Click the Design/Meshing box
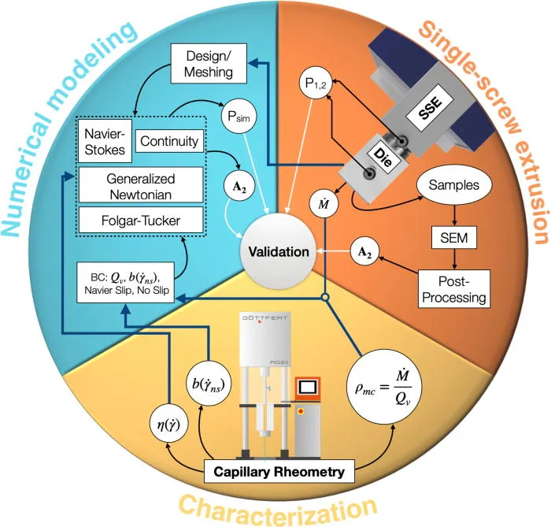(209, 64)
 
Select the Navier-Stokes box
(105, 141)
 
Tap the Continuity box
(169, 141)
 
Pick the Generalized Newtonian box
(141, 185)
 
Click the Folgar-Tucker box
(141, 220)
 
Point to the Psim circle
(239, 116)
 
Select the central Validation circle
(279, 251)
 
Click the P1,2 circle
(316, 84)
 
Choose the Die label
(383, 158)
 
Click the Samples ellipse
(454, 185)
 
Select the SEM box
(454, 238)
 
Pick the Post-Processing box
(454, 289)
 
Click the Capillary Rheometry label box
(279, 471)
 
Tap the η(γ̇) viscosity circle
(168, 425)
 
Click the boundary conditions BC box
(125, 282)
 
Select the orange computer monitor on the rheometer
(308, 388)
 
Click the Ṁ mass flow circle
(324, 204)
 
